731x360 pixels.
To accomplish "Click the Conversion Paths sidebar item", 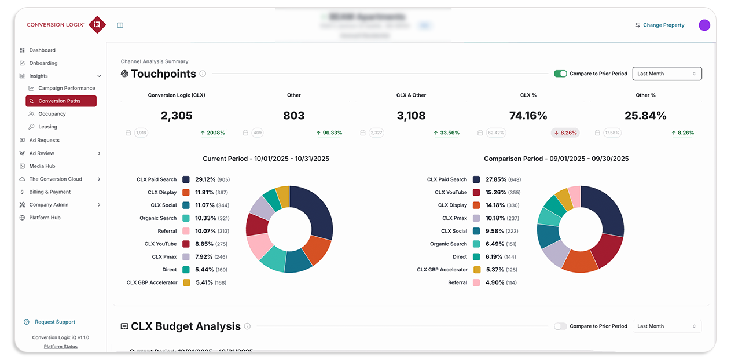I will coord(61,101).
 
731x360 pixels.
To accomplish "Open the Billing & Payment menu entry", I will coord(50,192).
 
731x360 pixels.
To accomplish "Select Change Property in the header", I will coord(663,25).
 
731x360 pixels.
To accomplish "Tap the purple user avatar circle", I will coord(704,25).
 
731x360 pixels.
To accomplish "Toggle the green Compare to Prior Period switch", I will coord(560,74).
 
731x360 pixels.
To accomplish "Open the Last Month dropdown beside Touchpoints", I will coord(667,74).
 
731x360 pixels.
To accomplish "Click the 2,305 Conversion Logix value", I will coord(177,116).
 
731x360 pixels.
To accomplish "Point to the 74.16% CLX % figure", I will coord(528,116).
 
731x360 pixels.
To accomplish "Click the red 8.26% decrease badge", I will coord(565,133).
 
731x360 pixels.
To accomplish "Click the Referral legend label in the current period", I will coord(167,231).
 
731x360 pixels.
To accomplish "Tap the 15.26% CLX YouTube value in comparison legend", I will coord(496,192).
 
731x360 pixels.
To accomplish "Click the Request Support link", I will coord(55,322).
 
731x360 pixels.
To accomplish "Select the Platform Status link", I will coord(60,347).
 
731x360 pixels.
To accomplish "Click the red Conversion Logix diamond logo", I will coord(97,25).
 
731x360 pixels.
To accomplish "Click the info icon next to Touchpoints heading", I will coord(203,74).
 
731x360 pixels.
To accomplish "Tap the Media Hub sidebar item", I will coord(42,166).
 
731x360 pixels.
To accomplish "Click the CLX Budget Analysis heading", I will coord(185,326).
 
